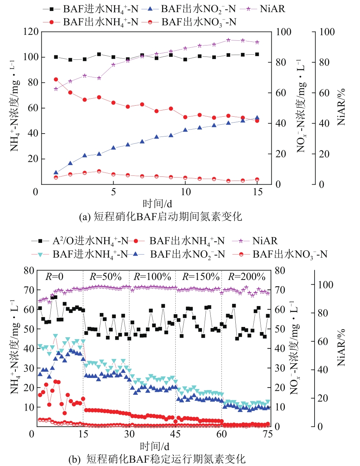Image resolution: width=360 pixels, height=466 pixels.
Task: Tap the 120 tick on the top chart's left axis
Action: [31, 32]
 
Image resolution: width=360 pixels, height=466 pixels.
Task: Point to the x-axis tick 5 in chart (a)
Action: [113, 192]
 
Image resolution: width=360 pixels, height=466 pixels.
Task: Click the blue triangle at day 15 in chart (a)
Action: [257, 118]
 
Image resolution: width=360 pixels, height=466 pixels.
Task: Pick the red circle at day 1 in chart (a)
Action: [56, 79]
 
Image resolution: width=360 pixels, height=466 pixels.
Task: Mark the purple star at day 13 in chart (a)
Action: [228, 40]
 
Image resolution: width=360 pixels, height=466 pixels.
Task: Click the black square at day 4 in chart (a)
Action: [99, 54]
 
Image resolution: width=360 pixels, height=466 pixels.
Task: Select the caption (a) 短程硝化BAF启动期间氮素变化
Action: [161, 217]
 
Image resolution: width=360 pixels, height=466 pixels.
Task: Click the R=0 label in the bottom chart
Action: [54, 277]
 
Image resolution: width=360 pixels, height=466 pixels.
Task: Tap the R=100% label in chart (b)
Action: [152, 277]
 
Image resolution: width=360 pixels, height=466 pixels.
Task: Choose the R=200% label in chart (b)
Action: [246, 277]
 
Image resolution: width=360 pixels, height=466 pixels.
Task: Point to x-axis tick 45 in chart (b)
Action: [175, 434]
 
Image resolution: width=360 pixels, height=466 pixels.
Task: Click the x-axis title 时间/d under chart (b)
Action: [154, 446]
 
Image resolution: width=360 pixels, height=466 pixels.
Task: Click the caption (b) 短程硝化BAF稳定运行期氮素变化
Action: [157, 459]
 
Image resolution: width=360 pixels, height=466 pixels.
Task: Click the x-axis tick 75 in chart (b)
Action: [268, 434]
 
